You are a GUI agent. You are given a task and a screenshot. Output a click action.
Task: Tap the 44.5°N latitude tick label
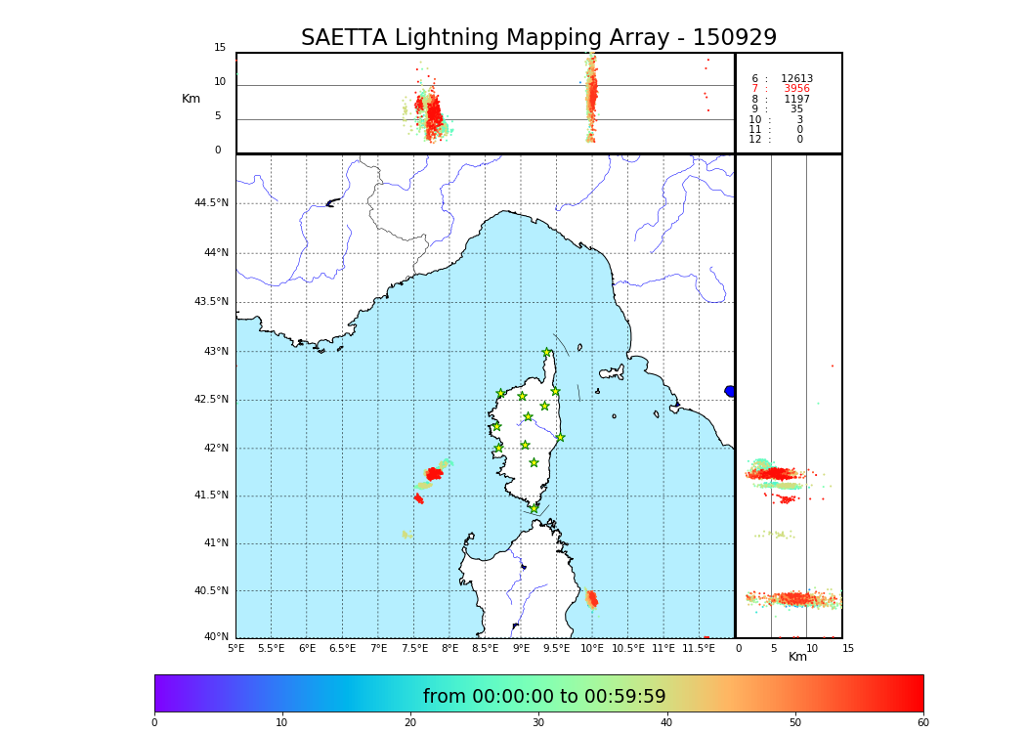[x=211, y=203]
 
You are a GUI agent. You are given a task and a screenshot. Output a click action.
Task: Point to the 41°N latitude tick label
[x=215, y=543]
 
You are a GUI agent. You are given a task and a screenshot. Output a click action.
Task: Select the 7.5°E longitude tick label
[x=414, y=648]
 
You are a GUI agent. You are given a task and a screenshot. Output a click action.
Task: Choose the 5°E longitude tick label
[x=236, y=648]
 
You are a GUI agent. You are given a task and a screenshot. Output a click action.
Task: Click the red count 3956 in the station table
[x=796, y=89]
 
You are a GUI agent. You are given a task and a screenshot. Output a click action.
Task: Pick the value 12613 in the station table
[x=796, y=79]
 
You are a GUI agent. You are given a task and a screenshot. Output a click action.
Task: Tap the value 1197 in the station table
[x=796, y=99]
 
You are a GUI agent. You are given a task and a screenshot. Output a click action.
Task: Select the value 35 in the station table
[x=796, y=109]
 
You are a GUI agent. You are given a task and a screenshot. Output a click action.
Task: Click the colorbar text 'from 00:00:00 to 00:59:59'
[x=544, y=697]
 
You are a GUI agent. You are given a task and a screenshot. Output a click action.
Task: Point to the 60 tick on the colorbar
[x=922, y=723]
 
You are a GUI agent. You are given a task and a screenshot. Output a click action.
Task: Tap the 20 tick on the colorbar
[x=410, y=723]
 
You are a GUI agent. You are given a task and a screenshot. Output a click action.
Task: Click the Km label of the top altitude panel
[x=192, y=99]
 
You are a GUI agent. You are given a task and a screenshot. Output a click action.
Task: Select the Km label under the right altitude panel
[x=797, y=657]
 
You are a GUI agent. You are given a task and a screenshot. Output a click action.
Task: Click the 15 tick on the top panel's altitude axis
[x=220, y=48]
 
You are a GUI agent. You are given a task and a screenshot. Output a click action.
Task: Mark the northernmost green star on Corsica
[x=547, y=353]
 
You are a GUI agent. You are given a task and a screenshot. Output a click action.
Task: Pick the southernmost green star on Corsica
[x=534, y=508]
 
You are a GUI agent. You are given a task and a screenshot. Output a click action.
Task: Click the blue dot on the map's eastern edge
[x=730, y=391]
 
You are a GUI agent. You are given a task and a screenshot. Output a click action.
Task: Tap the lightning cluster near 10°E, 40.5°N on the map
[x=591, y=598]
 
